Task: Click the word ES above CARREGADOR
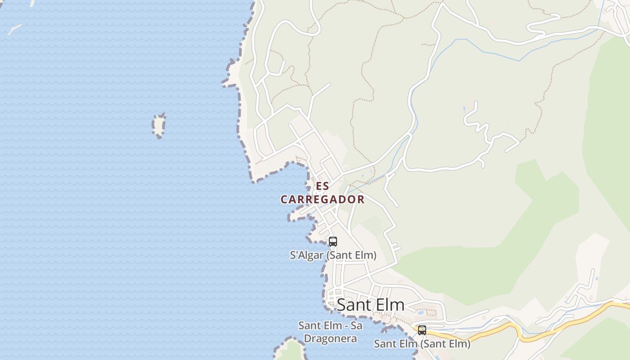click(x=322, y=186)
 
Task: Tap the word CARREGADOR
click(x=322, y=199)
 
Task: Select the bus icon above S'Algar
click(x=333, y=242)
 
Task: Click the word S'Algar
click(x=306, y=256)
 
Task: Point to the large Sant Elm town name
click(x=370, y=305)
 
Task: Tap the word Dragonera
click(x=330, y=338)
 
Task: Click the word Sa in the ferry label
click(x=355, y=325)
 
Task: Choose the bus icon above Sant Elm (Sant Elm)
click(x=422, y=330)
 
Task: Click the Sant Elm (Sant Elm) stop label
click(x=422, y=344)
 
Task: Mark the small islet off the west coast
click(x=158, y=125)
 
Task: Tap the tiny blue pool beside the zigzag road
click(x=464, y=108)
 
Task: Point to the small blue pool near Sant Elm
click(x=420, y=311)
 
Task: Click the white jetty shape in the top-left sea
click(x=14, y=30)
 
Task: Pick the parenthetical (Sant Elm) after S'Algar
click(x=351, y=256)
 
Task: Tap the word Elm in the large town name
click(x=391, y=305)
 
